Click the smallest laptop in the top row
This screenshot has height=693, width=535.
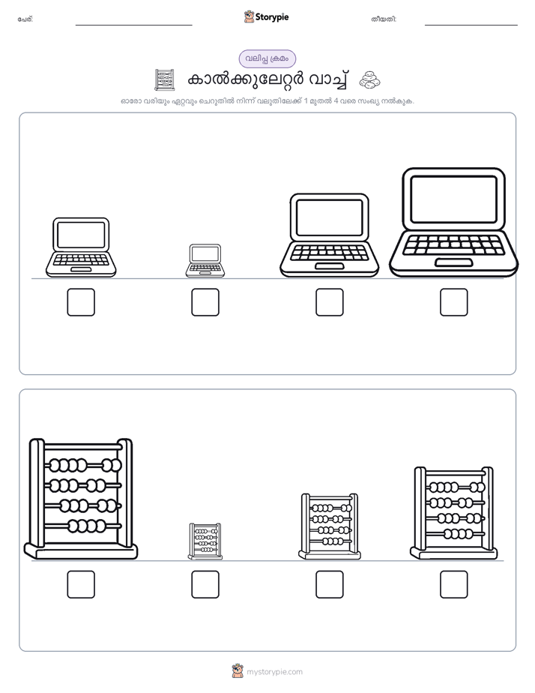[205, 261]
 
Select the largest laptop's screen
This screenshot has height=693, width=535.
[453, 199]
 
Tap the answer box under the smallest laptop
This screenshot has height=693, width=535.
[205, 302]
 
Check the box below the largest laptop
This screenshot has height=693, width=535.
[454, 302]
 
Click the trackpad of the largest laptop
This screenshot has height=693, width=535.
[454, 262]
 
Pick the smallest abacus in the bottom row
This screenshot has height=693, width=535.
[205, 541]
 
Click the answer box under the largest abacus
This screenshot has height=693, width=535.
[81, 584]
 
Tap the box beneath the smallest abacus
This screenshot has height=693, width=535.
[205, 584]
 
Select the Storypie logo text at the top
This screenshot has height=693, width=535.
[272, 17]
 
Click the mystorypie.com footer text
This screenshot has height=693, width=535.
[274, 672]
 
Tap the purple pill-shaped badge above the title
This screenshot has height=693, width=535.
[267, 58]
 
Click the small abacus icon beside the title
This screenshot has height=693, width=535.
[165, 80]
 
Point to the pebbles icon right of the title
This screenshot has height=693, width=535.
[369, 80]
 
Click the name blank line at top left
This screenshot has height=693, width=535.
[133, 25]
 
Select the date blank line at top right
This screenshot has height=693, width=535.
[471, 25]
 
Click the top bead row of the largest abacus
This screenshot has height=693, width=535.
[83, 466]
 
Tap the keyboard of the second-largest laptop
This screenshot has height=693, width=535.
[329, 252]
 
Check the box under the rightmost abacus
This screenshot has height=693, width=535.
[454, 584]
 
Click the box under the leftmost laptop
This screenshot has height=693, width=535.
[81, 302]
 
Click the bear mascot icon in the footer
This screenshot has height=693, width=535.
[238, 671]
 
